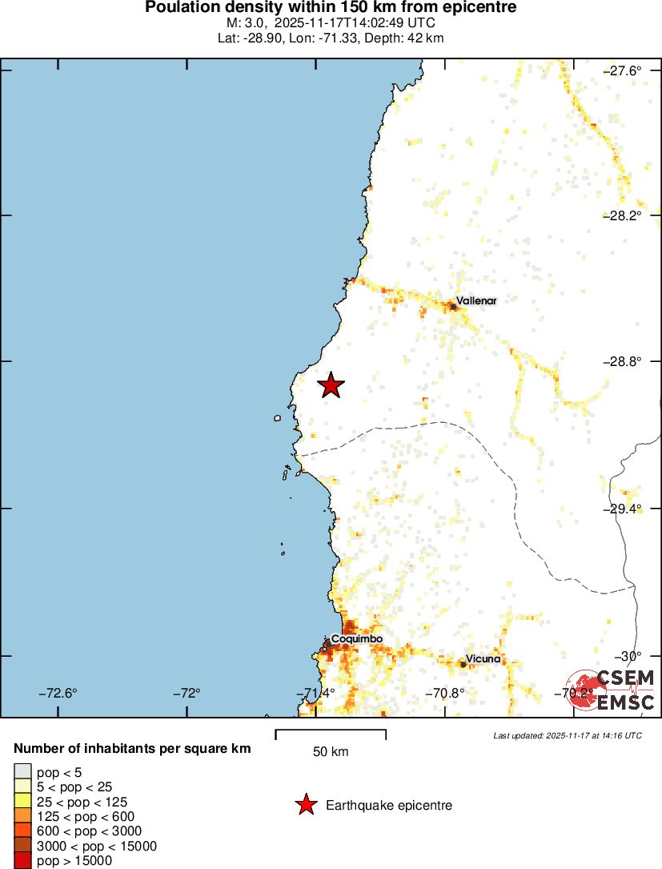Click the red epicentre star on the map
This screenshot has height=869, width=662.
coord(331,385)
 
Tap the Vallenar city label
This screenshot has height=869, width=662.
coord(476,300)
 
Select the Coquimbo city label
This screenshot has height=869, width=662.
coord(356,638)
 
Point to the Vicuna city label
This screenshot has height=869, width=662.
coord(483,658)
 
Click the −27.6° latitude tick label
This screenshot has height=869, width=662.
coord(622,70)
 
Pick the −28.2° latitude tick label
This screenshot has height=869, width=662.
coord(622,215)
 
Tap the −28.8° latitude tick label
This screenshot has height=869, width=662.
coord(622,361)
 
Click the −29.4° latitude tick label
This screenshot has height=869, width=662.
coord(622,508)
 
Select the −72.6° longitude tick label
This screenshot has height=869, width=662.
coord(60,693)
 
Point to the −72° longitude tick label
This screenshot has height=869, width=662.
coord(189,693)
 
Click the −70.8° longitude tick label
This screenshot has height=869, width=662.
coord(445,693)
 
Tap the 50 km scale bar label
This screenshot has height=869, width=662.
coord(330,751)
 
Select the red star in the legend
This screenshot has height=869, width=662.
coord(306,805)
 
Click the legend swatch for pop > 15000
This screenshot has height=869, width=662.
coord(22,861)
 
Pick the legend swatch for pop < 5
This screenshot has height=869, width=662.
coord(22,771)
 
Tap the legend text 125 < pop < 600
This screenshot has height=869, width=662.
coord(86,816)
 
